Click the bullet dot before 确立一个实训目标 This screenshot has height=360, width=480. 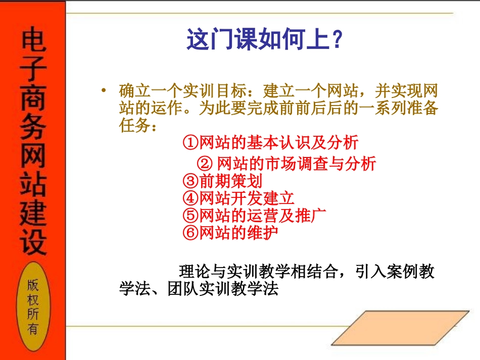(x=104, y=91)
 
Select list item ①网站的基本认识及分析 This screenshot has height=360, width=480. (x=270, y=143)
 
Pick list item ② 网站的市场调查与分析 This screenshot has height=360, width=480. (x=286, y=164)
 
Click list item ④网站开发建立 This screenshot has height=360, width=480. (x=238, y=198)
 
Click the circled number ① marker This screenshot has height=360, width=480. (x=189, y=143)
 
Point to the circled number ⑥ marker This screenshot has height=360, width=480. (x=189, y=233)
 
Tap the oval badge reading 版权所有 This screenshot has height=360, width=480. (x=33, y=307)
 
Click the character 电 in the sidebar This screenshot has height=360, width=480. (x=33, y=43)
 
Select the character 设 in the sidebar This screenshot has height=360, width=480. (x=33, y=240)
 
